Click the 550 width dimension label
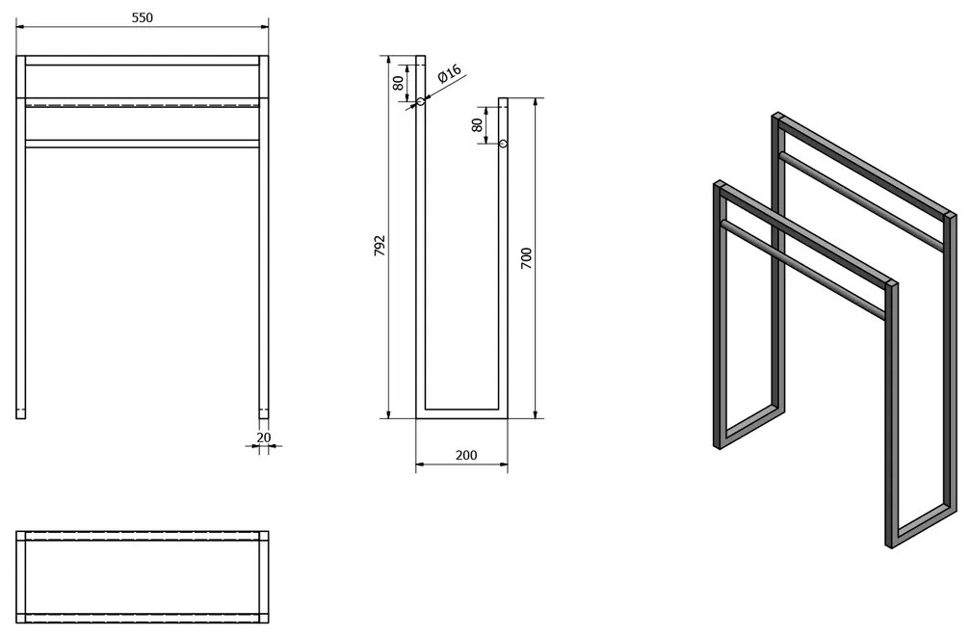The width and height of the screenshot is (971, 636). pos(142,17)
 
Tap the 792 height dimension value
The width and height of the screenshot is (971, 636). pos(380,245)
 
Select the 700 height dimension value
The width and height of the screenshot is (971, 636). pos(526,257)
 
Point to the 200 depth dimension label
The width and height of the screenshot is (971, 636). pos(465,455)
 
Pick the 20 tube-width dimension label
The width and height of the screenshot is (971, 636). pos(264,437)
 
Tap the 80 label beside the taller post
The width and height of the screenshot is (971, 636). pos(400,82)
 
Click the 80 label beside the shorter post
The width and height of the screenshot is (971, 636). pos(477,124)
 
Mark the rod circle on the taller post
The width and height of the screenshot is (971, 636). pos(420,101)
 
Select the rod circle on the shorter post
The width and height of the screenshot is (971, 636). pos(504,144)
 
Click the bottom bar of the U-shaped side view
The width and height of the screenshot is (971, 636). pos(462,413)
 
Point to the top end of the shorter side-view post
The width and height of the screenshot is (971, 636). pos(504,98)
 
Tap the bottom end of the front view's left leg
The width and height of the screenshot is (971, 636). pos(21,418)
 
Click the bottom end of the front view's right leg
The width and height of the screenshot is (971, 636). pos(264,418)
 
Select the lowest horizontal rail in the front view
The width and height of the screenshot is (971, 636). pos(142,145)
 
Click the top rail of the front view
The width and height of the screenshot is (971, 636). pos(142,60)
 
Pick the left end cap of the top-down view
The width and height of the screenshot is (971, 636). pos(20,576)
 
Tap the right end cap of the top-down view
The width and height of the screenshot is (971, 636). pos(264,576)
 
